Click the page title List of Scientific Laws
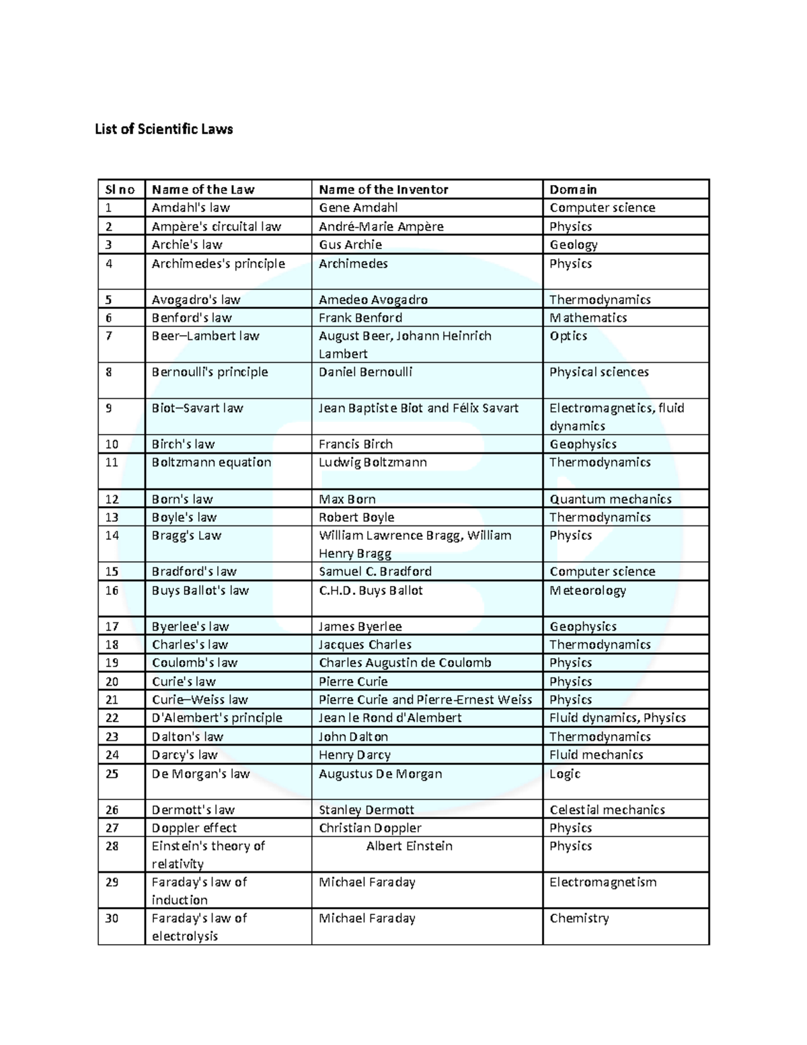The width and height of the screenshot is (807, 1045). pos(163,129)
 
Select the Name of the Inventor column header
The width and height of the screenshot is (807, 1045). pos(383,190)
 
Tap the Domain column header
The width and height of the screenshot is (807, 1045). pos(573,190)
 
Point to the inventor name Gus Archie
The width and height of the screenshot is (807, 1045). pos(350,245)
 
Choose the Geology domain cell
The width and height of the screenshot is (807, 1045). pos(574,245)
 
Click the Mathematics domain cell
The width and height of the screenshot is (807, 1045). pos(588,318)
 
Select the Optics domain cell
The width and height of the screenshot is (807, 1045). pos(568,336)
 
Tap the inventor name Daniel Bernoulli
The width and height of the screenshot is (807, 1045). pos(365,372)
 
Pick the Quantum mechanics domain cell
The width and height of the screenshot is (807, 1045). pos(611,499)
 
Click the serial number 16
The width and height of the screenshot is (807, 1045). pos(112,591)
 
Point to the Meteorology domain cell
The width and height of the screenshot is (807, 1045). pos(588,591)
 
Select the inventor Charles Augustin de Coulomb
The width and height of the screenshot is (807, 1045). pos(405,663)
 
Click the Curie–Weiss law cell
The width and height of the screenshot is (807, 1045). pos(200,700)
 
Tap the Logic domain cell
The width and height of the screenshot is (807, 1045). pos(565,774)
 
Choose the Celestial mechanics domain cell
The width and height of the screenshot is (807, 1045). pos(607,810)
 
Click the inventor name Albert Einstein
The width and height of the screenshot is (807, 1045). pos(409,846)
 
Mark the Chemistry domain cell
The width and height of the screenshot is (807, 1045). pos(579,918)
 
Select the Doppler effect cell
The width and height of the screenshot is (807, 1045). pos(194,828)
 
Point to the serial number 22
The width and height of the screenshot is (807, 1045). pos(112,718)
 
